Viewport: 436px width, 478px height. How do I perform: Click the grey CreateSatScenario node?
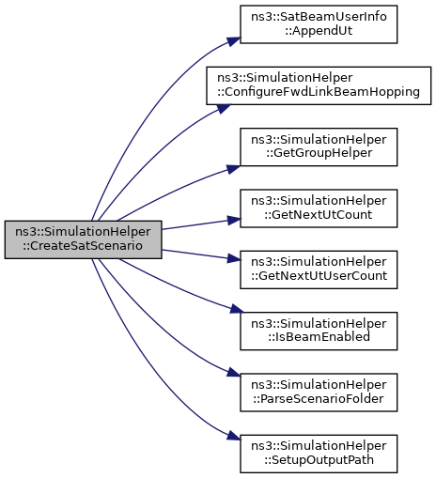83,239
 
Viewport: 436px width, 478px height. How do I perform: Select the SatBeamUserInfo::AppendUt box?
319,24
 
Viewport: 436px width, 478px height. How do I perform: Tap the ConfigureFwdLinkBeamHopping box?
319,85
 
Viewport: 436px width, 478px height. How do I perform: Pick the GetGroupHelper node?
319,146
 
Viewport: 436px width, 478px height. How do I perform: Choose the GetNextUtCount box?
319,208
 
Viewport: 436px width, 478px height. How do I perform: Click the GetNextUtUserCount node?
319,270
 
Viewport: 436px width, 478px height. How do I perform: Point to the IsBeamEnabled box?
319,331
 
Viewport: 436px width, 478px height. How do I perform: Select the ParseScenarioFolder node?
319,393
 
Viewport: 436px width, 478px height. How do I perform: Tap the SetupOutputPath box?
319,454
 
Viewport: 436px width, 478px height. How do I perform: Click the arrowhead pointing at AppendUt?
234,41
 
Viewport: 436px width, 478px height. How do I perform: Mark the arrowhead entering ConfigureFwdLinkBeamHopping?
224,108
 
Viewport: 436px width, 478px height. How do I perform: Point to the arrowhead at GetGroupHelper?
234,169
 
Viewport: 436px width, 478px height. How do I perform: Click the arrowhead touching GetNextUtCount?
234,221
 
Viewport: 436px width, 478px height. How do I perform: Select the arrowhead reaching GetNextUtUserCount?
234,258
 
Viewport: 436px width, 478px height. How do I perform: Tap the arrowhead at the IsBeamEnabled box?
237,309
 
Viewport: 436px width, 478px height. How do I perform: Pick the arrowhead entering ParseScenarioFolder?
234,373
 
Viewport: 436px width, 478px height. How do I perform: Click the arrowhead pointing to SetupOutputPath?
234,436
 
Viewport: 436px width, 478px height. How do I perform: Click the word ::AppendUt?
319,31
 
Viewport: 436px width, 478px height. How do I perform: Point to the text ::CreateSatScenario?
83,246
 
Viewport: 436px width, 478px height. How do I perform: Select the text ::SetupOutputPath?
319,460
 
